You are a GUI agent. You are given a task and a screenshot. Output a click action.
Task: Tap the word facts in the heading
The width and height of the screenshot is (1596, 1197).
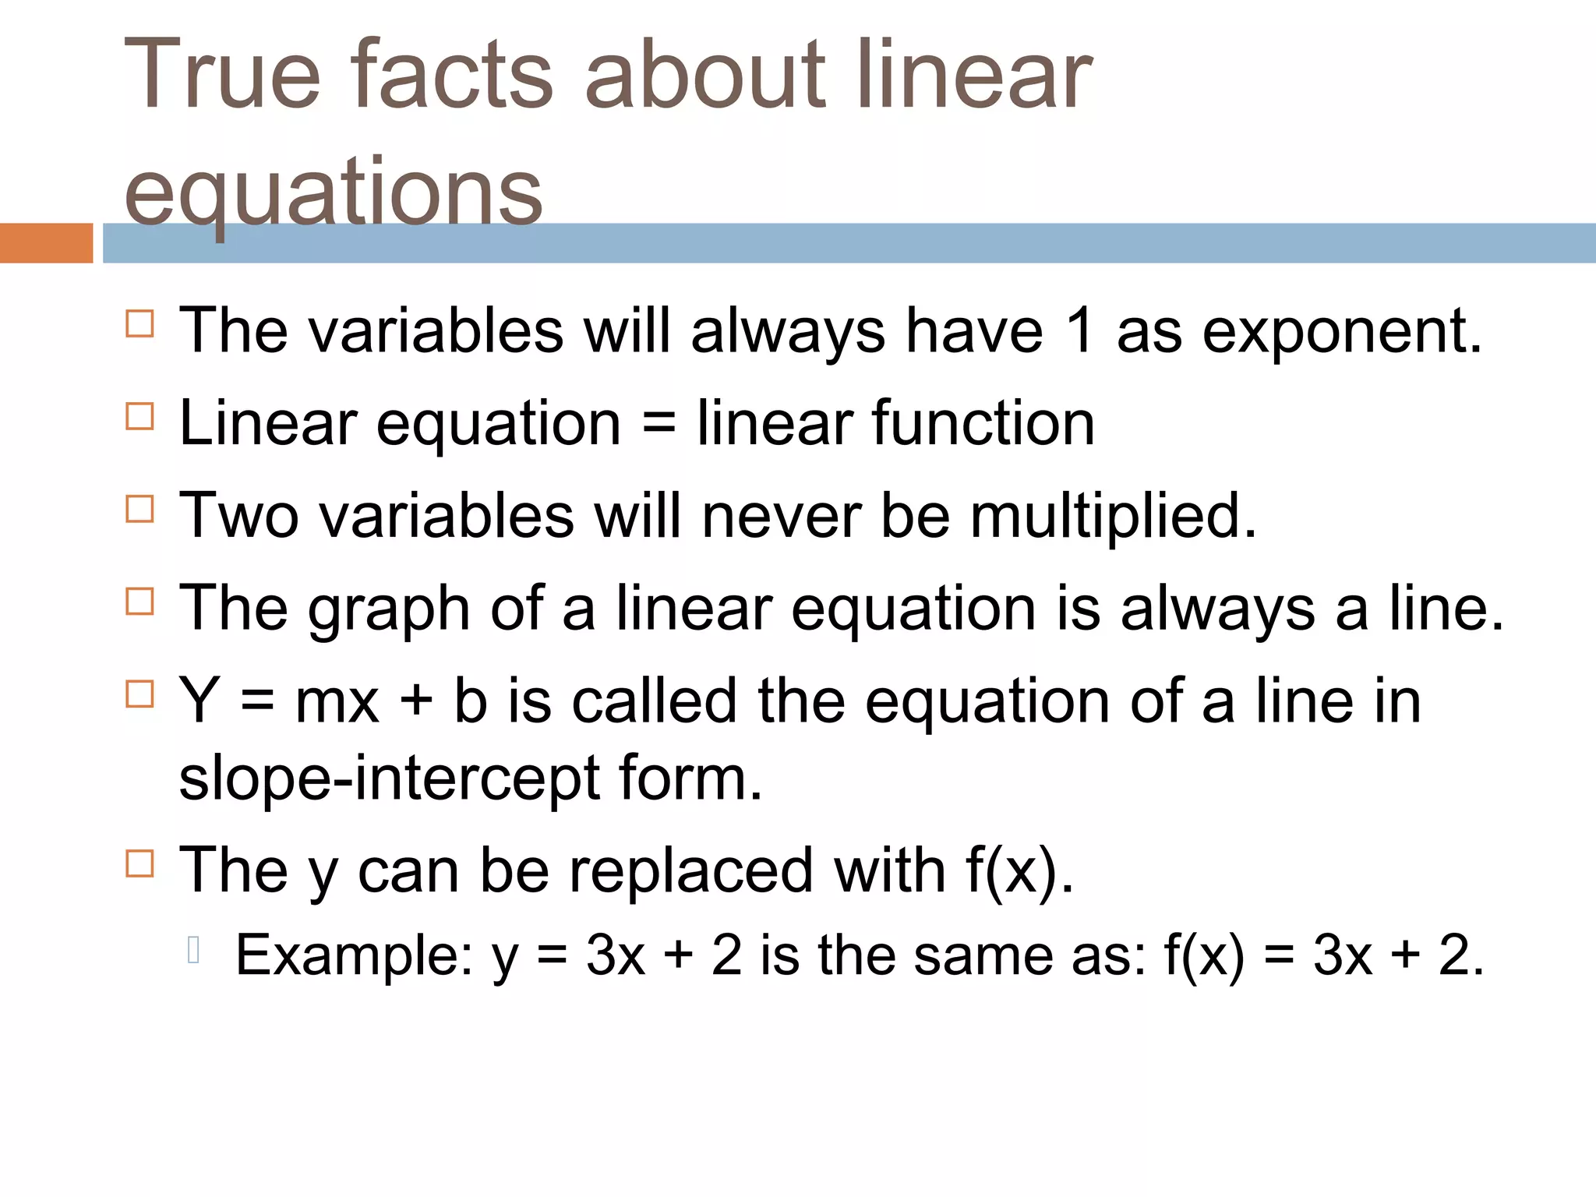(x=452, y=76)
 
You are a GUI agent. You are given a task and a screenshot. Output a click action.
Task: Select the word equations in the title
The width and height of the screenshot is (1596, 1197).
(x=333, y=191)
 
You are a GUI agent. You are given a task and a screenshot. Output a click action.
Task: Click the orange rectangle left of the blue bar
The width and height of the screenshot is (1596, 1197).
(x=46, y=243)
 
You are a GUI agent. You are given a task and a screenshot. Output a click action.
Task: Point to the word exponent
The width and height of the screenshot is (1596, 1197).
(x=1342, y=331)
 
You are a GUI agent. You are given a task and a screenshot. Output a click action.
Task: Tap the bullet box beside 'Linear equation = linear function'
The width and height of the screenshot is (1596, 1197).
(x=140, y=416)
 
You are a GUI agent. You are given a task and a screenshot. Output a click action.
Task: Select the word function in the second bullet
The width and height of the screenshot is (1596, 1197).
(x=983, y=423)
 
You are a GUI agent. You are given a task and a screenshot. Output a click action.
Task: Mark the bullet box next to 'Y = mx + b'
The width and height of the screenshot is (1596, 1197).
(x=140, y=694)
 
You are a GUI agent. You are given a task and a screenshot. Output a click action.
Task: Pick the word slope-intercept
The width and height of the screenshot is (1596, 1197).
(x=390, y=779)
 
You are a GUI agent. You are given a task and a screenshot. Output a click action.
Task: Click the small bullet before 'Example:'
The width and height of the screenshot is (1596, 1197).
(x=195, y=950)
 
